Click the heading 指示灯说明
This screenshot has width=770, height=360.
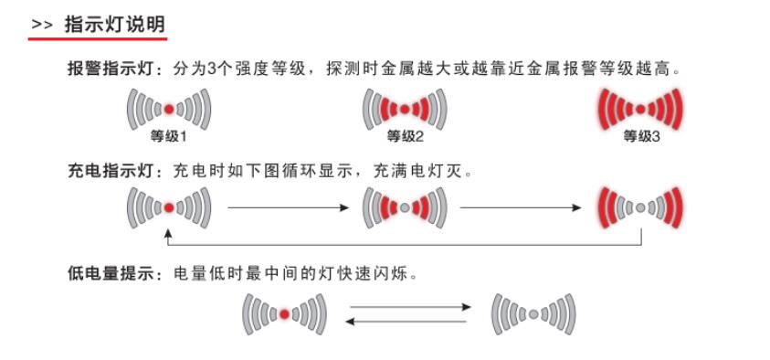(x=115, y=24)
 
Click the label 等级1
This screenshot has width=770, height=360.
(x=169, y=136)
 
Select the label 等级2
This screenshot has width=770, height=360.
(x=406, y=136)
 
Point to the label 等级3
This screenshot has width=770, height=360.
(x=641, y=136)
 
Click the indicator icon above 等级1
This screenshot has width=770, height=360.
(x=169, y=110)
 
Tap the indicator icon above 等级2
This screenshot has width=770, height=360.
(x=406, y=110)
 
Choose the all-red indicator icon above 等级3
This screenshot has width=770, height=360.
(x=641, y=110)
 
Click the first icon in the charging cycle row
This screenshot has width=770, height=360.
(x=169, y=207)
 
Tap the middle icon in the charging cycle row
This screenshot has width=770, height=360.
(x=406, y=207)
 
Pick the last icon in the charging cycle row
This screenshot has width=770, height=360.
(x=641, y=207)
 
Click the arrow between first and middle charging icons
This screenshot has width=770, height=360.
(x=288, y=208)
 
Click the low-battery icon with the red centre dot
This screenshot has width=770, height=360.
(x=284, y=313)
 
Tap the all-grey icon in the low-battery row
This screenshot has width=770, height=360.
(x=533, y=313)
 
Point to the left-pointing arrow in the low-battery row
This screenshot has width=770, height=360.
(x=409, y=321)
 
